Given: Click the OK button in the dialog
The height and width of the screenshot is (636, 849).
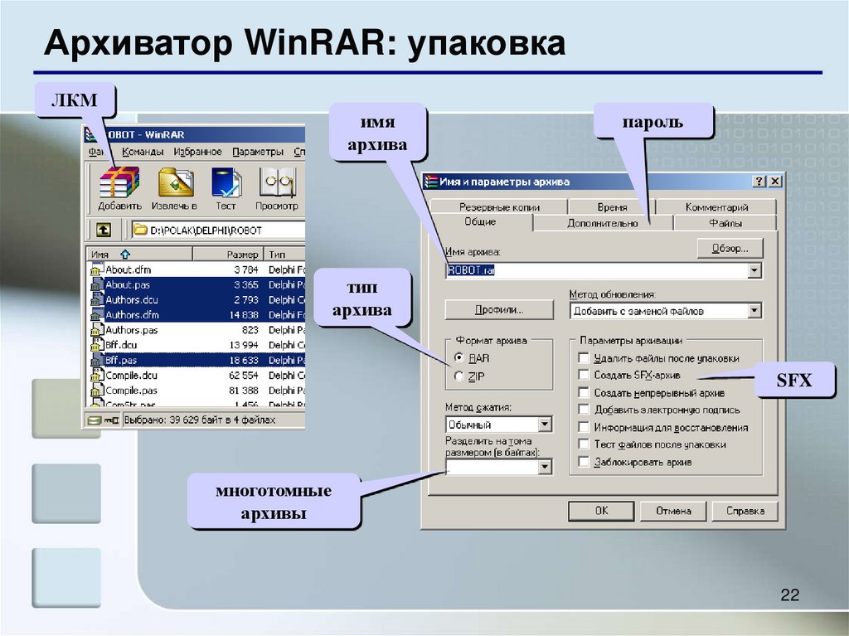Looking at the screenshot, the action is pyautogui.click(x=601, y=511).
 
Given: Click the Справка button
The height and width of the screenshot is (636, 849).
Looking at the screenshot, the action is pyautogui.click(x=745, y=511).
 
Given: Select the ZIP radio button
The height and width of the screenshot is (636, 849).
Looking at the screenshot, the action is pyautogui.click(x=460, y=376).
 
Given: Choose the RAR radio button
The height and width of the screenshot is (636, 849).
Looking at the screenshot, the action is pyautogui.click(x=460, y=358).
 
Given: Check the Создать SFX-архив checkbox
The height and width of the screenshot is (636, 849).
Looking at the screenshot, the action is pyautogui.click(x=585, y=376).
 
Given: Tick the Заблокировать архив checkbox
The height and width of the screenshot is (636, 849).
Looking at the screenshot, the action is pyautogui.click(x=585, y=462).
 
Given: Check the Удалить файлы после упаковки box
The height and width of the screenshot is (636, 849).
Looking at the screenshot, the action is pyautogui.click(x=585, y=358).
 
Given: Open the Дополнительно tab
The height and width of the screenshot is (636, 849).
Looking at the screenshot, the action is pyautogui.click(x=603, y=223).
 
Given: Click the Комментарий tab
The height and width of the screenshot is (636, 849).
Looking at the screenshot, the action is pyautogui.click(x=716, y=207).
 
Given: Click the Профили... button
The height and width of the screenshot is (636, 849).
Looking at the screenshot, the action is pyautogui.click(x=498, y=310).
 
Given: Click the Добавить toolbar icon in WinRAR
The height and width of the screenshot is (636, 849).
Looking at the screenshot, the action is pyautogui.click(x=119, y=187).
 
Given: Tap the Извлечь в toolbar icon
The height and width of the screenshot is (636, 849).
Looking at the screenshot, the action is pyautogui.click(x=176, y=187).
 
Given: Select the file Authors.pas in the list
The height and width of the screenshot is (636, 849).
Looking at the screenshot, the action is pyautogui.click(x=131, y=330).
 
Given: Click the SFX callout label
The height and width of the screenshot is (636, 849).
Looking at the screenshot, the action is pyautogui.click(x=793, y=381).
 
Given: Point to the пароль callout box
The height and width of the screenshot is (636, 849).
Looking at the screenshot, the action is pyautogui.click(x=653, y=122).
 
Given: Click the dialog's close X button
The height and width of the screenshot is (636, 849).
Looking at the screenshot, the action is pyautogui.click(x=774, y=182).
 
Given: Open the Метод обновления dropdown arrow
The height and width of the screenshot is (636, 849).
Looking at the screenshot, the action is pyautogui.click(x=754, y=311).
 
